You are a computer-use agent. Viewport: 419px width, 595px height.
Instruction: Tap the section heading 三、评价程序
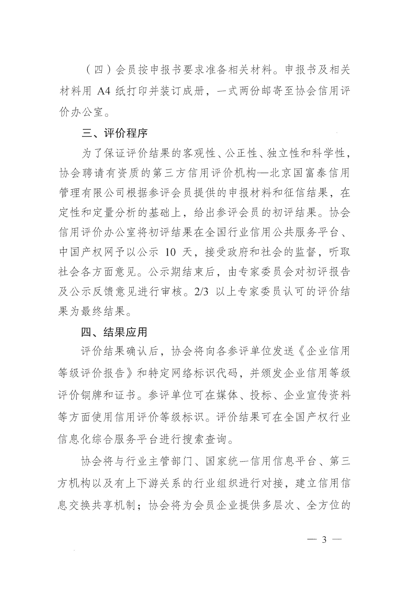tap(115, 133)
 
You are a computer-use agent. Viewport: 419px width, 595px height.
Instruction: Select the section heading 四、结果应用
tap(114, 332)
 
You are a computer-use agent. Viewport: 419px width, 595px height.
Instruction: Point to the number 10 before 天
tap(170, 252)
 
